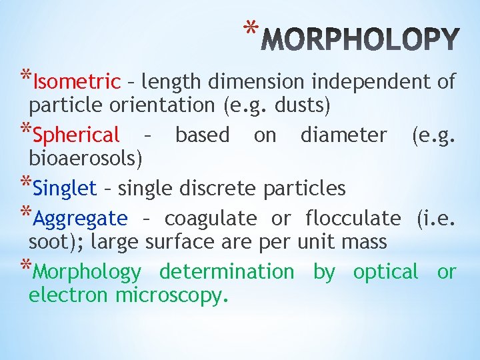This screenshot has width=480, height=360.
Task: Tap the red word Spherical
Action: [76, 135]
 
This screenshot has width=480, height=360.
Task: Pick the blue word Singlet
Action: [65, 188]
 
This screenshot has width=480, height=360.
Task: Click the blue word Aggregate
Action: [80, 218]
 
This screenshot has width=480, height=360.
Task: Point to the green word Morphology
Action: [87, 272]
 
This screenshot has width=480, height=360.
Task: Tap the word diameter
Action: [343, 135]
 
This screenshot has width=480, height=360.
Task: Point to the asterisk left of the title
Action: [250, 28]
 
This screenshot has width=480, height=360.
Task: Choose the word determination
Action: [227, 272]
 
